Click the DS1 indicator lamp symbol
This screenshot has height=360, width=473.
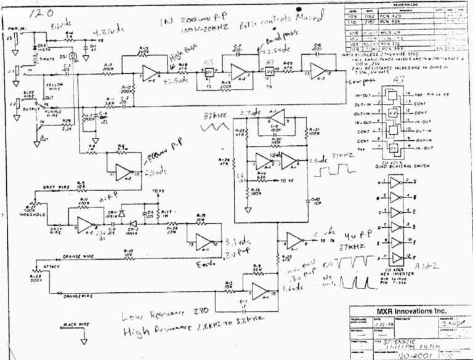click(73, 57)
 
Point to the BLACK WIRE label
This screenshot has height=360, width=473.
click(76, 323)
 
